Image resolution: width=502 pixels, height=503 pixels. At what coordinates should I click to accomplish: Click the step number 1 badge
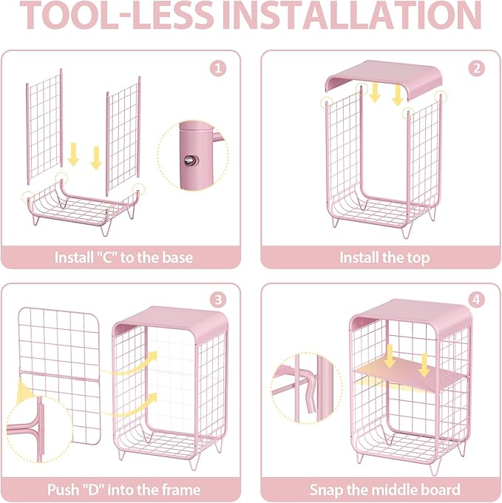(218, 68)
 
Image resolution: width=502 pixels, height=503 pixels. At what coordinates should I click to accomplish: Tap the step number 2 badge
(476, 68)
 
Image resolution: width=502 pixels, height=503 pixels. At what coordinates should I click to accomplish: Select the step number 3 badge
(218, 300)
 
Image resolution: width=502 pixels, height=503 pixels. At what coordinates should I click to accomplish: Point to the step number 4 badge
(476, 300)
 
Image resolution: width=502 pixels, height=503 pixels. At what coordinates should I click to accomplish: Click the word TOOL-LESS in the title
(118, 15)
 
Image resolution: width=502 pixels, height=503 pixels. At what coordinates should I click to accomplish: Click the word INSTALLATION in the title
(352, 15)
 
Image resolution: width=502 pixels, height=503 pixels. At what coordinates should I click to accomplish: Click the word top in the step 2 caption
(418, 258)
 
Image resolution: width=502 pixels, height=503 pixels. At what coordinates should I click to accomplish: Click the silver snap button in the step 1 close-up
(191, 160)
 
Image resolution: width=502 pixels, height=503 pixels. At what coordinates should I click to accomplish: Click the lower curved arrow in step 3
(130, 406)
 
